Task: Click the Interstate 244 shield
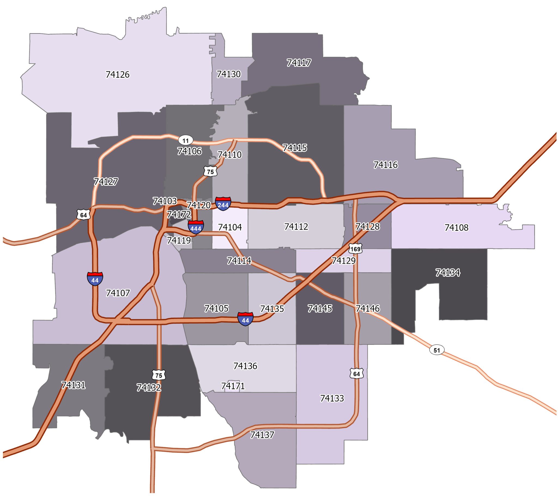(x=223, y=204)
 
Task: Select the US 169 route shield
(x=355, y=248)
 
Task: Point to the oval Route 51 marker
(x=437, y=350)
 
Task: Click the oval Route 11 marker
(x=186, y=141)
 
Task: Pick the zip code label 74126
(x=117, y=75)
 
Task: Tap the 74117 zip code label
(x=299, y=63)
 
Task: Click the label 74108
(x=456, y=227)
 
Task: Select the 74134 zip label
(x=448, y=272)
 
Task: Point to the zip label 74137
(x=262, y=435)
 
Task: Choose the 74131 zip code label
(x=74, y=385)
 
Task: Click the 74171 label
(x=233, y=386)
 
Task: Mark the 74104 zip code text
(x=230, y=227)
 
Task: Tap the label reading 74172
(x=179, y=214)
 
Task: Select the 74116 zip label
(x=386, y=165)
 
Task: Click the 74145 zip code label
(x=320, y=308)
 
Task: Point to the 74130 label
(x=229, y=74)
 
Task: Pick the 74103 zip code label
(x=165, y=201)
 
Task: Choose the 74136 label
(x=245, y=366)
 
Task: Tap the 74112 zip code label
(x=296, y=227)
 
